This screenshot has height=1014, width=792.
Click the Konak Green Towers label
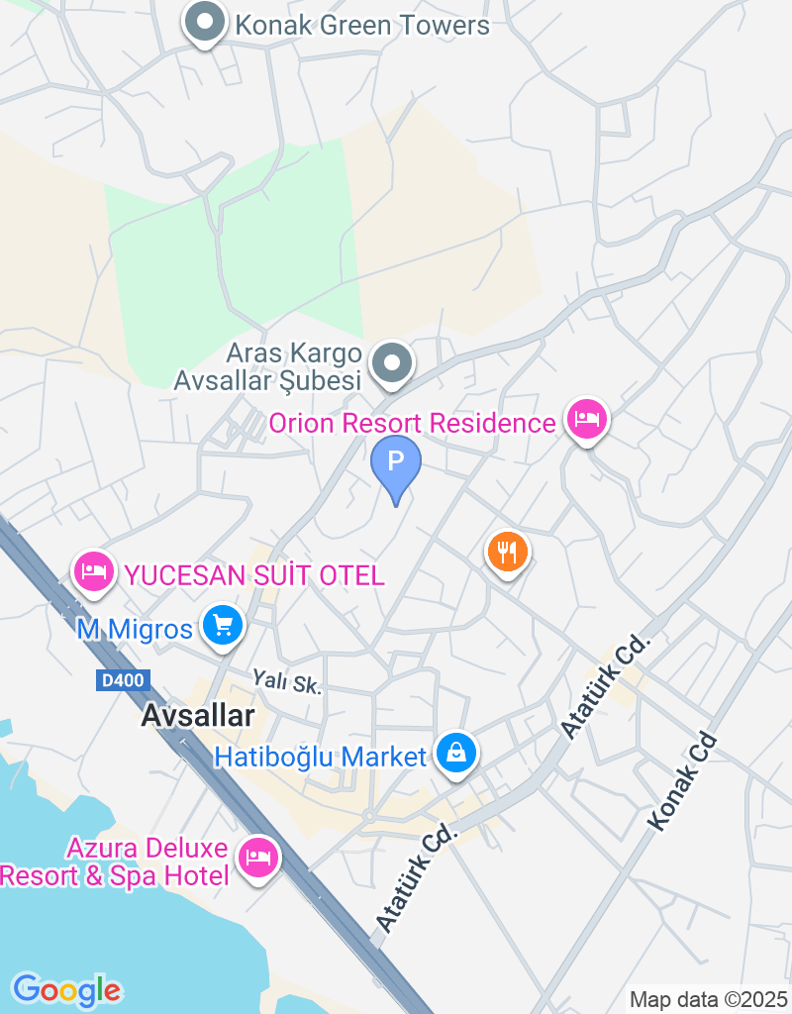pyautogui.click(x=361, y=25)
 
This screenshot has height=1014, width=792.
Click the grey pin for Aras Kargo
pyautogui.click(x=393, y=363)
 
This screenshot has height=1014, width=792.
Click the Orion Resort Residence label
pyautogui.click(x=413, y=424)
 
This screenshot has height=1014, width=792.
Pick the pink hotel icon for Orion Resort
pyautogui.click(x=587, y=420)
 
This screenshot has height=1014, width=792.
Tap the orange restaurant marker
pyautogui.click(x=508, y=551)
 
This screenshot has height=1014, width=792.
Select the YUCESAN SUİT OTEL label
pyautogui.click(x=251, y=574)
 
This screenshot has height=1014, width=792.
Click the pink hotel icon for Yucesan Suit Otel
pyautogui.click(x=94, y=571)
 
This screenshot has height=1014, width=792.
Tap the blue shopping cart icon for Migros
pyautogui.click(x=223, y=626)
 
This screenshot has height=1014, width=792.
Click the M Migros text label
pyautogui.click(x=135, y=629)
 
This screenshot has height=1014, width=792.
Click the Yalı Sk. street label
pyautogui.click(x=287, y=680)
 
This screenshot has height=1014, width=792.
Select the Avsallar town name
pyautogui.click(x=198, y=716)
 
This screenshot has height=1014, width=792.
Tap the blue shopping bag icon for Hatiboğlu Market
pyautogui.click(x=455, y=755)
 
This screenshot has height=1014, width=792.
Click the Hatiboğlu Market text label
pyautogui.click(x=321, y=758)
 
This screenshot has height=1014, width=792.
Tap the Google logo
pyautogui.click(x=66, y=989)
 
